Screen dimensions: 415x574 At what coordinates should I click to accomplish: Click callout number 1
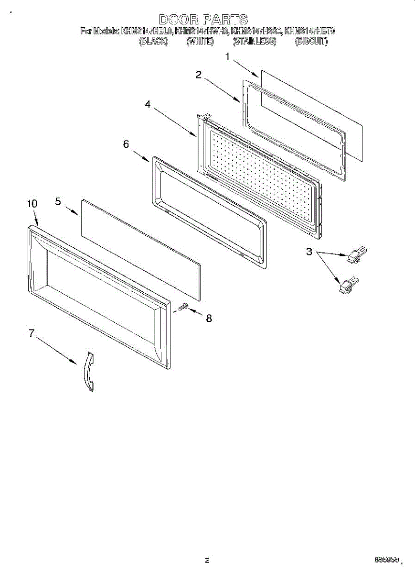pos(228,57)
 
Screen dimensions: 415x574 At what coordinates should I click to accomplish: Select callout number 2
pos(198,75)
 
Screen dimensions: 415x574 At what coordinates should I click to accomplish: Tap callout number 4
pos(148,105)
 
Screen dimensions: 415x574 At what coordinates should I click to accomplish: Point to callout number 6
pos(126,143)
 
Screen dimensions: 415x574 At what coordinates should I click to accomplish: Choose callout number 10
pos(32,204)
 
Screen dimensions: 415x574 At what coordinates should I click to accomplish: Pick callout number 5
pos(58,201)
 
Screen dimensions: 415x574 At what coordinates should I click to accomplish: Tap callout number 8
pos(209,319)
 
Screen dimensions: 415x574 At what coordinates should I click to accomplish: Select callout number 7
pos(32,333)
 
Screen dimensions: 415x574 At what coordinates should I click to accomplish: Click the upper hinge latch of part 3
pos(356,254)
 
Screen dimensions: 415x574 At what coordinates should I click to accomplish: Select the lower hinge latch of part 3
pos(347,284)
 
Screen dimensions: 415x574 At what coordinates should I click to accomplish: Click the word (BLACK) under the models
pos(153,42)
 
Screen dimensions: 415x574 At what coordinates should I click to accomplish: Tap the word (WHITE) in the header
pos(200,42)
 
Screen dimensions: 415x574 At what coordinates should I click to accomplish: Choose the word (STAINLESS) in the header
pos(254,42)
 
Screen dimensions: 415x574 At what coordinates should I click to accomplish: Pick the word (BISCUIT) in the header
pos(311,42)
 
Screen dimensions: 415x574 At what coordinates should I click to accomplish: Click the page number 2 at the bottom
pos(207,561)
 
